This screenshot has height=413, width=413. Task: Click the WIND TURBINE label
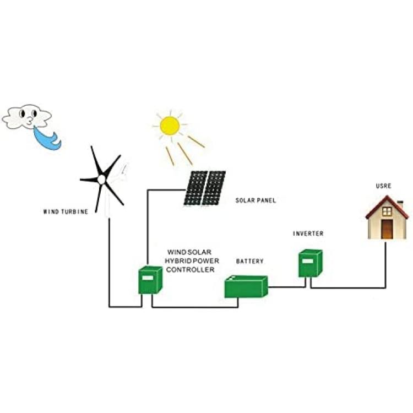(x=66, y=211)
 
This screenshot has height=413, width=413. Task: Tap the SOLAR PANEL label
(x=256, y=200)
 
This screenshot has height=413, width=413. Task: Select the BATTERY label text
(x=249, y=261)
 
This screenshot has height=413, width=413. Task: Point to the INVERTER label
(x=308, y=233)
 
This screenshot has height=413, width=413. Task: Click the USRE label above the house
(x=383, y=186)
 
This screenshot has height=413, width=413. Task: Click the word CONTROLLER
(x=190, y=269)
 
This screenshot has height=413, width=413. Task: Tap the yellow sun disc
(x=170, y=126)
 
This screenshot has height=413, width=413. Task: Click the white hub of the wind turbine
(x=101, y=180)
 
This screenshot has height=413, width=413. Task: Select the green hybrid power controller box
(x=150, y=280)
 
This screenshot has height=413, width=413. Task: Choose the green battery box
(x=246, y=286)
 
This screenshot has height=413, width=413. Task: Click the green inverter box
(x=310, y=263)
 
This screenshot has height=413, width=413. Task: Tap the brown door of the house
(x=387, y=230)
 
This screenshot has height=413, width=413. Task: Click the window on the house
(x=387, y=211)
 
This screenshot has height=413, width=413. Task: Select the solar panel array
(x=205, y=188)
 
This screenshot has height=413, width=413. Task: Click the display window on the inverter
(x=307, y=261)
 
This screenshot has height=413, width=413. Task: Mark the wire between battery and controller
(x=195, y=307)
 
